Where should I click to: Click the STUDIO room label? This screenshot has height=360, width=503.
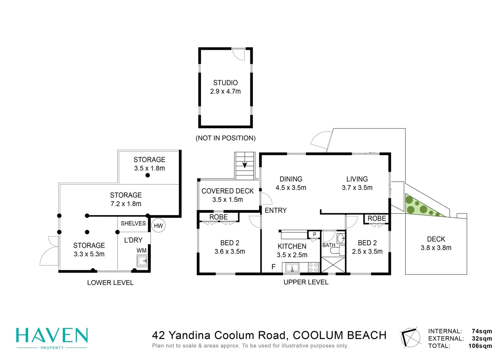coord(225,83)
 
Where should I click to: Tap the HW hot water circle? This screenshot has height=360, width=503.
coord(158,225)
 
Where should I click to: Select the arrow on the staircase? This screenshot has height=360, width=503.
coord(245,165)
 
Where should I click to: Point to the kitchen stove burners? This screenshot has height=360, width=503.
coord(313,268)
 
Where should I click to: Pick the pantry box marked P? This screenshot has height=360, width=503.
coord(314,234)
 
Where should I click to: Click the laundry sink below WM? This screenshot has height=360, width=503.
coord(142,261)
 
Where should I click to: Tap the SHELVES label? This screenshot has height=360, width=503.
coord(133,223)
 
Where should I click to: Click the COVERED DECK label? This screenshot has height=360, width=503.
coord(227,191)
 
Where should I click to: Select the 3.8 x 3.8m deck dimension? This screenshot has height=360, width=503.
coord(436,248)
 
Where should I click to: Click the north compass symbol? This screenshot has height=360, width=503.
coord(410,338)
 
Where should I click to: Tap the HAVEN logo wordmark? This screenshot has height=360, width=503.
coord(52,336)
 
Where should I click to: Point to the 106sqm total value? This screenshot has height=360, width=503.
coord(480,346)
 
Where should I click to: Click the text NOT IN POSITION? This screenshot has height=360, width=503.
coord(225,138)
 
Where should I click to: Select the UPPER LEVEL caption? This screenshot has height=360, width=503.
coord(306,282)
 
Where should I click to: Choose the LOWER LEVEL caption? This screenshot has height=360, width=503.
coord(110,283)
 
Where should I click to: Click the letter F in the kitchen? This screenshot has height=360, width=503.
coord(273,267)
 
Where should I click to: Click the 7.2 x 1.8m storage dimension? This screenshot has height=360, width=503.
coord(126,204)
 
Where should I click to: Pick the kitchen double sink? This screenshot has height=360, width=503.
coord(292,268)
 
